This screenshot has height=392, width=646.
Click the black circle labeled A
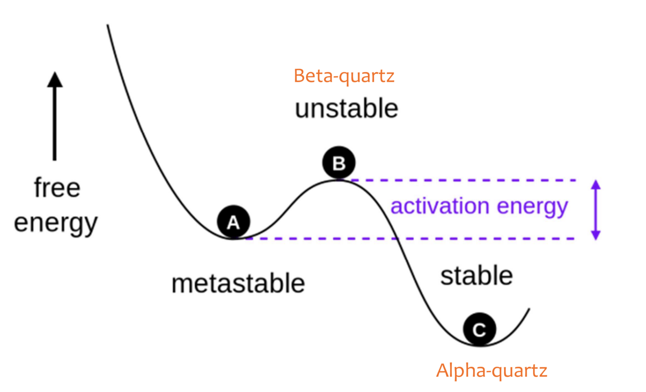[x=233, y=222]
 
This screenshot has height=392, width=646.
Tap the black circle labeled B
[x=339, y=163]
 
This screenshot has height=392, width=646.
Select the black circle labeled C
[x=479, y=329]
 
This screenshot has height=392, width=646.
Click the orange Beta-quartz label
[x=344, y=76]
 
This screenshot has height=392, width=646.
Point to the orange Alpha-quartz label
[x=492, y=371]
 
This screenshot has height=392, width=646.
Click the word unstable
[x=346, y=109]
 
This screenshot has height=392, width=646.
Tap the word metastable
[x=238, y=283]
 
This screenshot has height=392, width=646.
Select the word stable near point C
[x=476, y=276]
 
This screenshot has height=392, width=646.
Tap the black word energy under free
[x=56, y=223]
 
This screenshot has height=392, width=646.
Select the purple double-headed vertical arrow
[x=596, y=209]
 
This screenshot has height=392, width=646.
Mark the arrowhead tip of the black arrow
[x=55, y=74]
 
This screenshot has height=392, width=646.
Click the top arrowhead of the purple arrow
[x=596, y=183]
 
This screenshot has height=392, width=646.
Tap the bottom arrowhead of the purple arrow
[x=596, y=236]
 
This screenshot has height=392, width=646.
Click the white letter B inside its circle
[x=339, y=163]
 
